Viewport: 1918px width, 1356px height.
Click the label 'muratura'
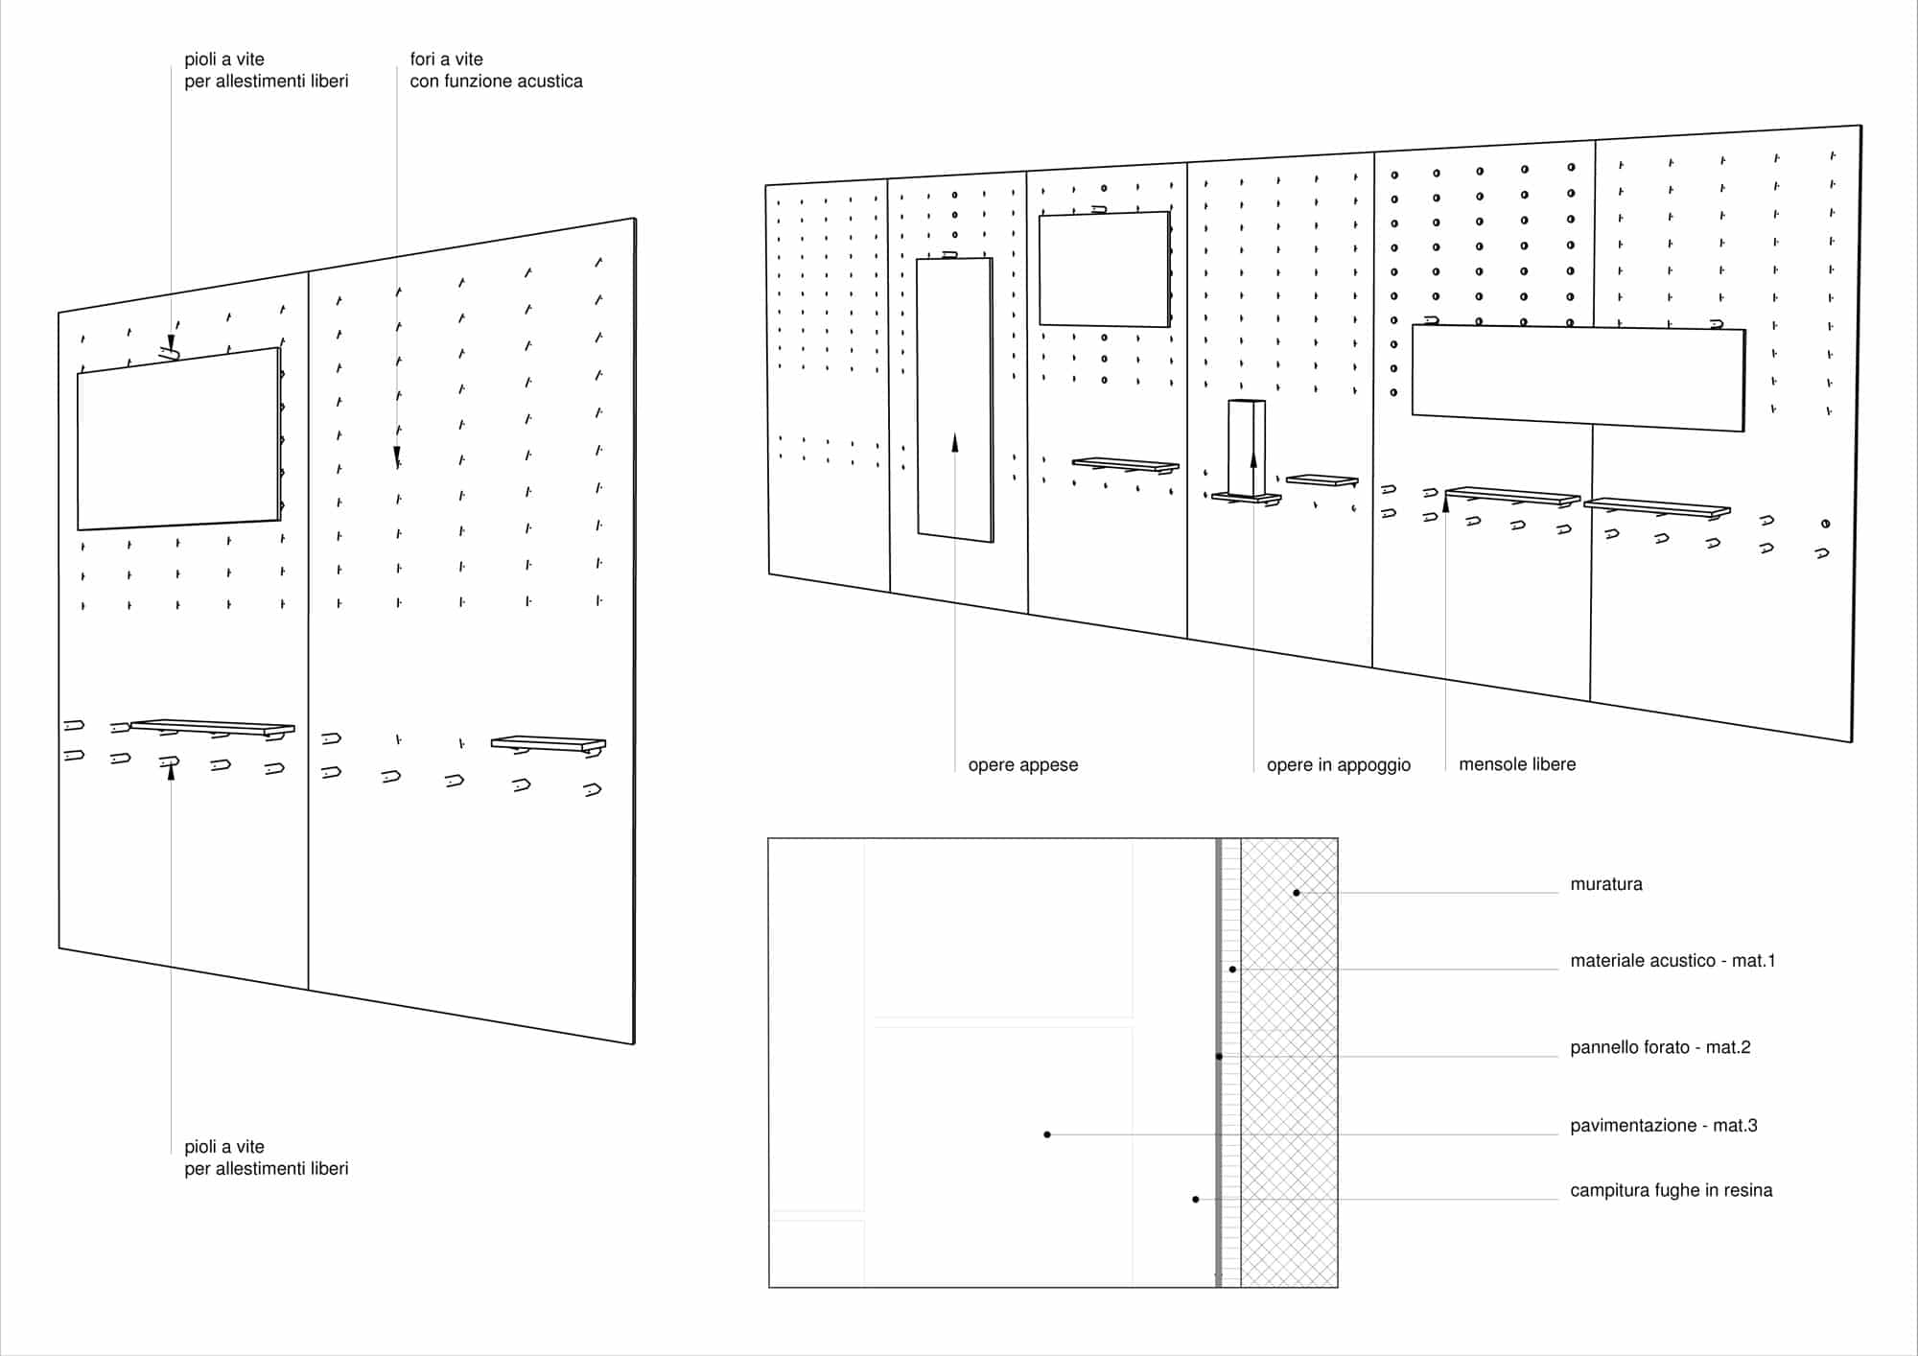point(1606,884)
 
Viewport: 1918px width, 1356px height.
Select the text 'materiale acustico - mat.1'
point(1672,961)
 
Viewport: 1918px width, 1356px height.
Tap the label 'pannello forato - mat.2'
point(1660,1047)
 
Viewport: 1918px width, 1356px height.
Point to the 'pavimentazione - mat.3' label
point(1664,1126)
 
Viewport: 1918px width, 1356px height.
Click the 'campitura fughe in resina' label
point(1672,1191)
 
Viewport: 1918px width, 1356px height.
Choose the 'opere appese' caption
point(1023,765)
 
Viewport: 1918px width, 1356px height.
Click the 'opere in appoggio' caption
point(1339,765)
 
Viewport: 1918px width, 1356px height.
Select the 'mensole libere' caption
point(1517,764)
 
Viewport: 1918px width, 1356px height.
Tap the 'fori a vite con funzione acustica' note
point(496,70)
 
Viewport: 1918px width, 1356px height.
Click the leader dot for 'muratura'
point(1297,893)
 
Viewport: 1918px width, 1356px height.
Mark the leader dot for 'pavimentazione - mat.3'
point(1047,1134)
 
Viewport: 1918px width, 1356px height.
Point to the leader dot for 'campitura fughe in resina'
point(1196,1200)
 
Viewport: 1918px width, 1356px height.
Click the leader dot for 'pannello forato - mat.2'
point(1219,1057)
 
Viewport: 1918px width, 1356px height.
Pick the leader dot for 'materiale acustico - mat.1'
point(1232,970)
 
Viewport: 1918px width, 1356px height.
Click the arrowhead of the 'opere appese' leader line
point(955,441)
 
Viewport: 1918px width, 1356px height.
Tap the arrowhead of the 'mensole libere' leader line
point(1446,502)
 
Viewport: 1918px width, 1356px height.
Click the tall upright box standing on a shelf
point(1247,447)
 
